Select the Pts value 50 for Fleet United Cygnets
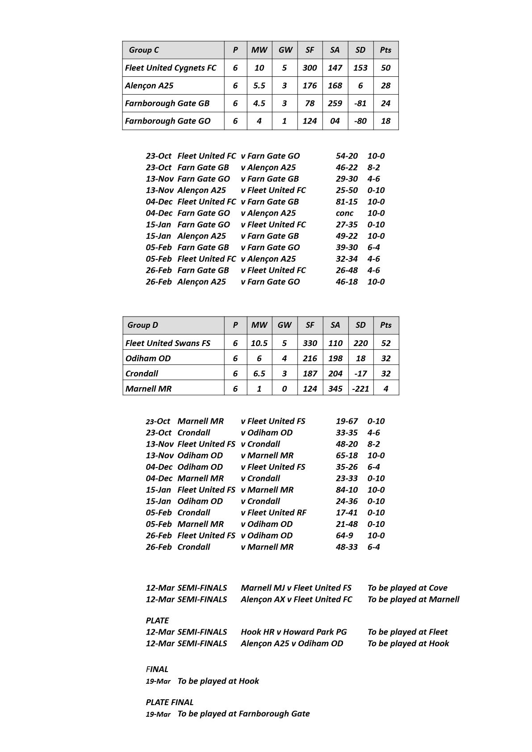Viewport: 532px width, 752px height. (385, 68)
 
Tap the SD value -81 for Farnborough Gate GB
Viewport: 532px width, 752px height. (360, 103)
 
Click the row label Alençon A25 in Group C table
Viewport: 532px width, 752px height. (149, 86)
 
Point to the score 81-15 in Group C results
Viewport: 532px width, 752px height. (347, 202)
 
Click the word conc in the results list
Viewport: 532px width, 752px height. (344, 213)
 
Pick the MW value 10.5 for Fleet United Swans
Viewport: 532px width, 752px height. (259, 343)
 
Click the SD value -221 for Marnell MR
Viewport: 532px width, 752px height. (360, 389)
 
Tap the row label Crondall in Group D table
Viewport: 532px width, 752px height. (142, 373)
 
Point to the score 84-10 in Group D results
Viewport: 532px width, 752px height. (347, 490)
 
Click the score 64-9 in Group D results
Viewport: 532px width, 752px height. (344, 535)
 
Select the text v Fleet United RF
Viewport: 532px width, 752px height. (273, 513)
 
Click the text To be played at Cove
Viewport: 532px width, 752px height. (407, 588)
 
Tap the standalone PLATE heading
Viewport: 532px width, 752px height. (157, 621)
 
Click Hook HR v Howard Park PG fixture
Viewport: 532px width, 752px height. (293, 632)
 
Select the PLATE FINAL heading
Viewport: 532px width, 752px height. (170, 702)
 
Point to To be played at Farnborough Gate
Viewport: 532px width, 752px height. (243, 714)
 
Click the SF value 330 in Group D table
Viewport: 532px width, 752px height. (310, 343)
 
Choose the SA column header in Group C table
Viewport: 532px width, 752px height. (335, 50)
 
